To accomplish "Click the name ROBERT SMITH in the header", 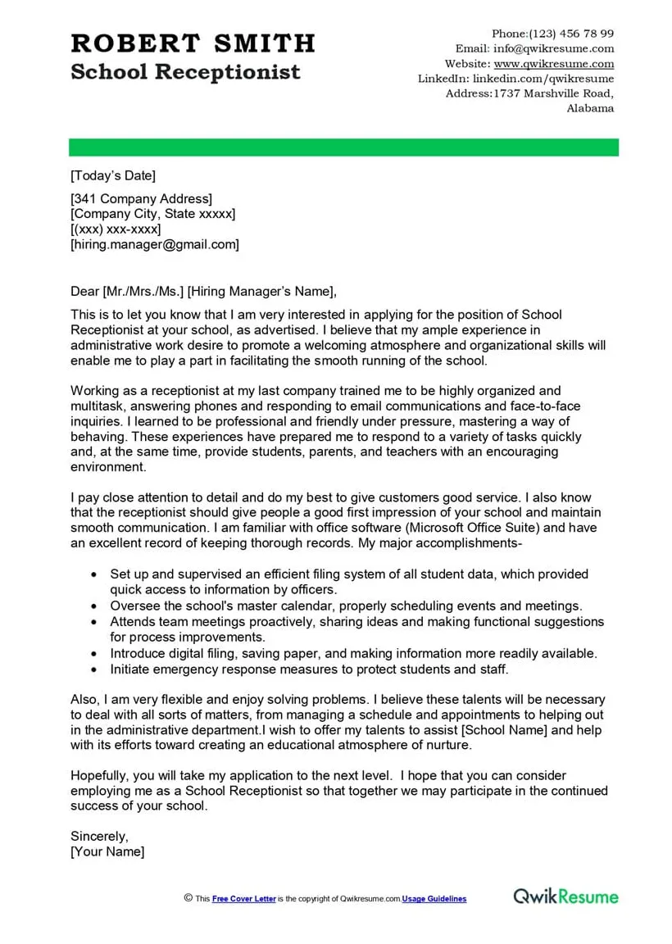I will (x=193, y=43).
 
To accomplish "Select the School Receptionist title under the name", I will (x=185, y=72).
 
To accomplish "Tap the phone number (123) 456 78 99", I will (x=571, y=34).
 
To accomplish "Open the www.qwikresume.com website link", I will (x=554, y=64).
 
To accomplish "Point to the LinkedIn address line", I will (x=515, y=79).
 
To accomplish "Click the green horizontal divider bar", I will (x=343, y=147).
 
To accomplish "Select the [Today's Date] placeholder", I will (x=113, y=175).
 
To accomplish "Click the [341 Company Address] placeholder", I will (x=141, y=198).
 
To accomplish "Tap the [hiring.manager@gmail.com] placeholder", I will (x=155, y=244).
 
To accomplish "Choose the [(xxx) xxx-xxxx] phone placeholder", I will (x=116, y=229).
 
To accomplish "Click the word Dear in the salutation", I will (x=85, y=291).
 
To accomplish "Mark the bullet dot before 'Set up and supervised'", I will (x=95, y=575).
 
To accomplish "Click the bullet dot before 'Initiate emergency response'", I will (x=95, y=669).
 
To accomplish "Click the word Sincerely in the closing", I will (x=99, y=837).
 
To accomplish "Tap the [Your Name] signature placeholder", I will (x=107, y=852).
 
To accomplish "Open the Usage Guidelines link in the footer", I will (x=434, y=899).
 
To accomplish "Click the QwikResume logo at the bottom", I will (x=565, y=896).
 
